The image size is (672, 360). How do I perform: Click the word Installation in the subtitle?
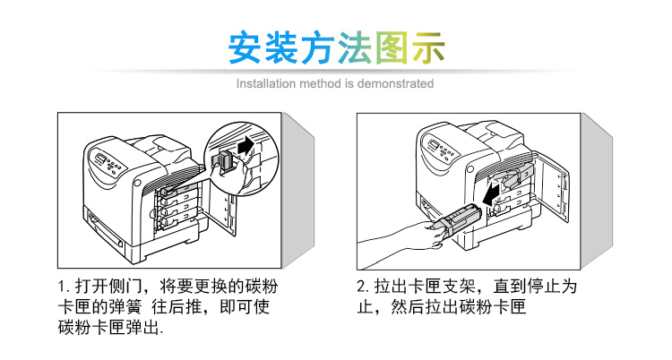click(x=265, y=83)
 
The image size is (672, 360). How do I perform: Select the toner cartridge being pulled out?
click(x=458, y=224)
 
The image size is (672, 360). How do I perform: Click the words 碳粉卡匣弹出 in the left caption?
click(x=107, y=329)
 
